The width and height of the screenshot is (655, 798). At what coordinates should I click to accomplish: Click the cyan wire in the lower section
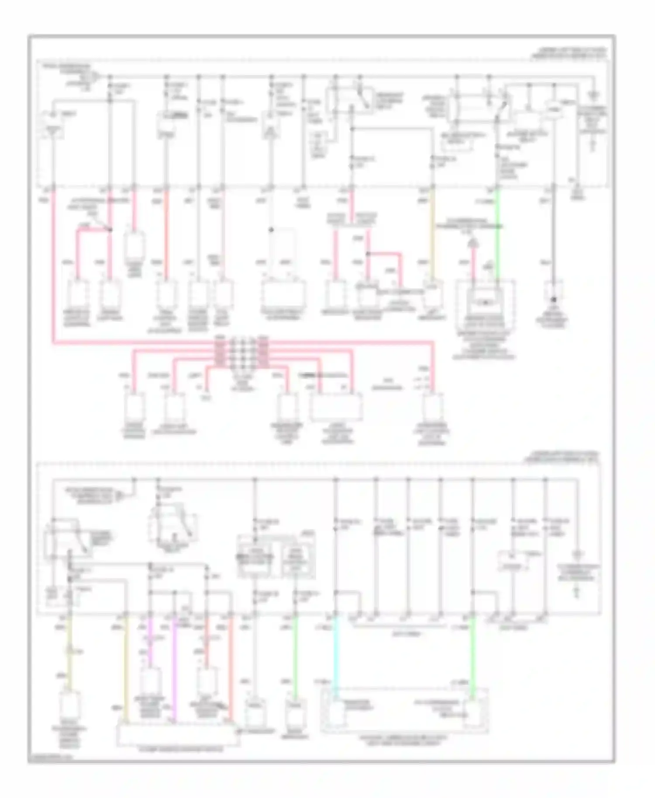pos(335,655)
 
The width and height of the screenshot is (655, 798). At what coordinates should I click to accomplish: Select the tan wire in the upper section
pos(433,236)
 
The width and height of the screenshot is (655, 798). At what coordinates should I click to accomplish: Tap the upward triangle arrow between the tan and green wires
pos(472,243)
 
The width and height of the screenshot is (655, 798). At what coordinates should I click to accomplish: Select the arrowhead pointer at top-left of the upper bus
pos(97,77)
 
